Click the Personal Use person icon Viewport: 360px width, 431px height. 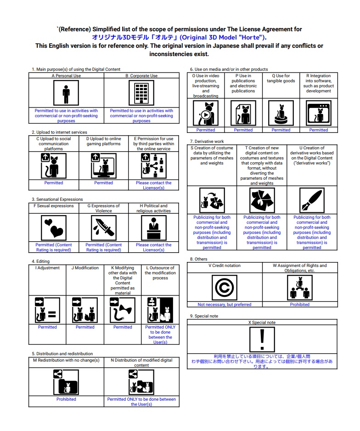point(66,93)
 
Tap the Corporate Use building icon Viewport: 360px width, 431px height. point(141,93)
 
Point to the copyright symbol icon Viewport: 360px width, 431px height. point(225,288)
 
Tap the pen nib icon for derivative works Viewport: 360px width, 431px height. point(312,200)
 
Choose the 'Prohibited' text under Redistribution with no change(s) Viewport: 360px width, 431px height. point(66,399)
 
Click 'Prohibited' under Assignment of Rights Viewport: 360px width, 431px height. point(300,305)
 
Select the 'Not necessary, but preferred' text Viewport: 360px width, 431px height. point(225,305)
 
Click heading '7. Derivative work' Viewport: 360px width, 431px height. point(207,142)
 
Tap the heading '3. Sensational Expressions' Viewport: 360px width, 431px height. point(57,199)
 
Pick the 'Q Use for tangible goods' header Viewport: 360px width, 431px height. point(281,79)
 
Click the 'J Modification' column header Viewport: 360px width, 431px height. point(85,268)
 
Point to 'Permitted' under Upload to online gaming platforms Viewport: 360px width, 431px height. point(104,183)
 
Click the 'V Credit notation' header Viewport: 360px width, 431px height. point(225,266)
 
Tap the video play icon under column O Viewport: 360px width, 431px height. point(206,113)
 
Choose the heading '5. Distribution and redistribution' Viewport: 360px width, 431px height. point(62,354)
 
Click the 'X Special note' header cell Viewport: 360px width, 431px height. point(262,323)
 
